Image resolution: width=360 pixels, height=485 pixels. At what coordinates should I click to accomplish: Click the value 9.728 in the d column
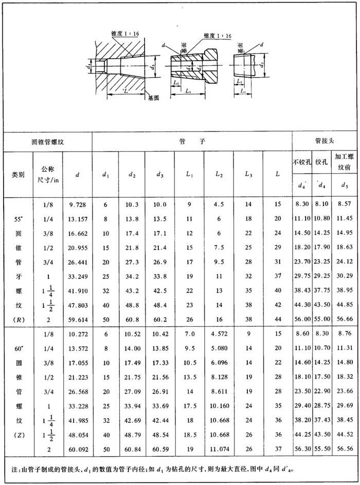tap(77, 204)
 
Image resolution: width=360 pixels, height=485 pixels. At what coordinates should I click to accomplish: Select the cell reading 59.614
tap(77, 319)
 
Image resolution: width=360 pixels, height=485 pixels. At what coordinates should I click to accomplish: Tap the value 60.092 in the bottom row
tap(77, 448)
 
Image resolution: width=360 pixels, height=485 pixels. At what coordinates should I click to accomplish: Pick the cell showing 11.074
tap(219, 448)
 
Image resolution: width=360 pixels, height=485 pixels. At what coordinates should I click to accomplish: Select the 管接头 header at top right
tap(325, 141)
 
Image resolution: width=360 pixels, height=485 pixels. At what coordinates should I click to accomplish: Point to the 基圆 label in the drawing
tap(153, 97)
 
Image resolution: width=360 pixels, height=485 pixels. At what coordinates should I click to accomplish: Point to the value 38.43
tap(302, 291)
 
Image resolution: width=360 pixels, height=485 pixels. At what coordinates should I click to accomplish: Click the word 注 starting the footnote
tap(14, 470)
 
